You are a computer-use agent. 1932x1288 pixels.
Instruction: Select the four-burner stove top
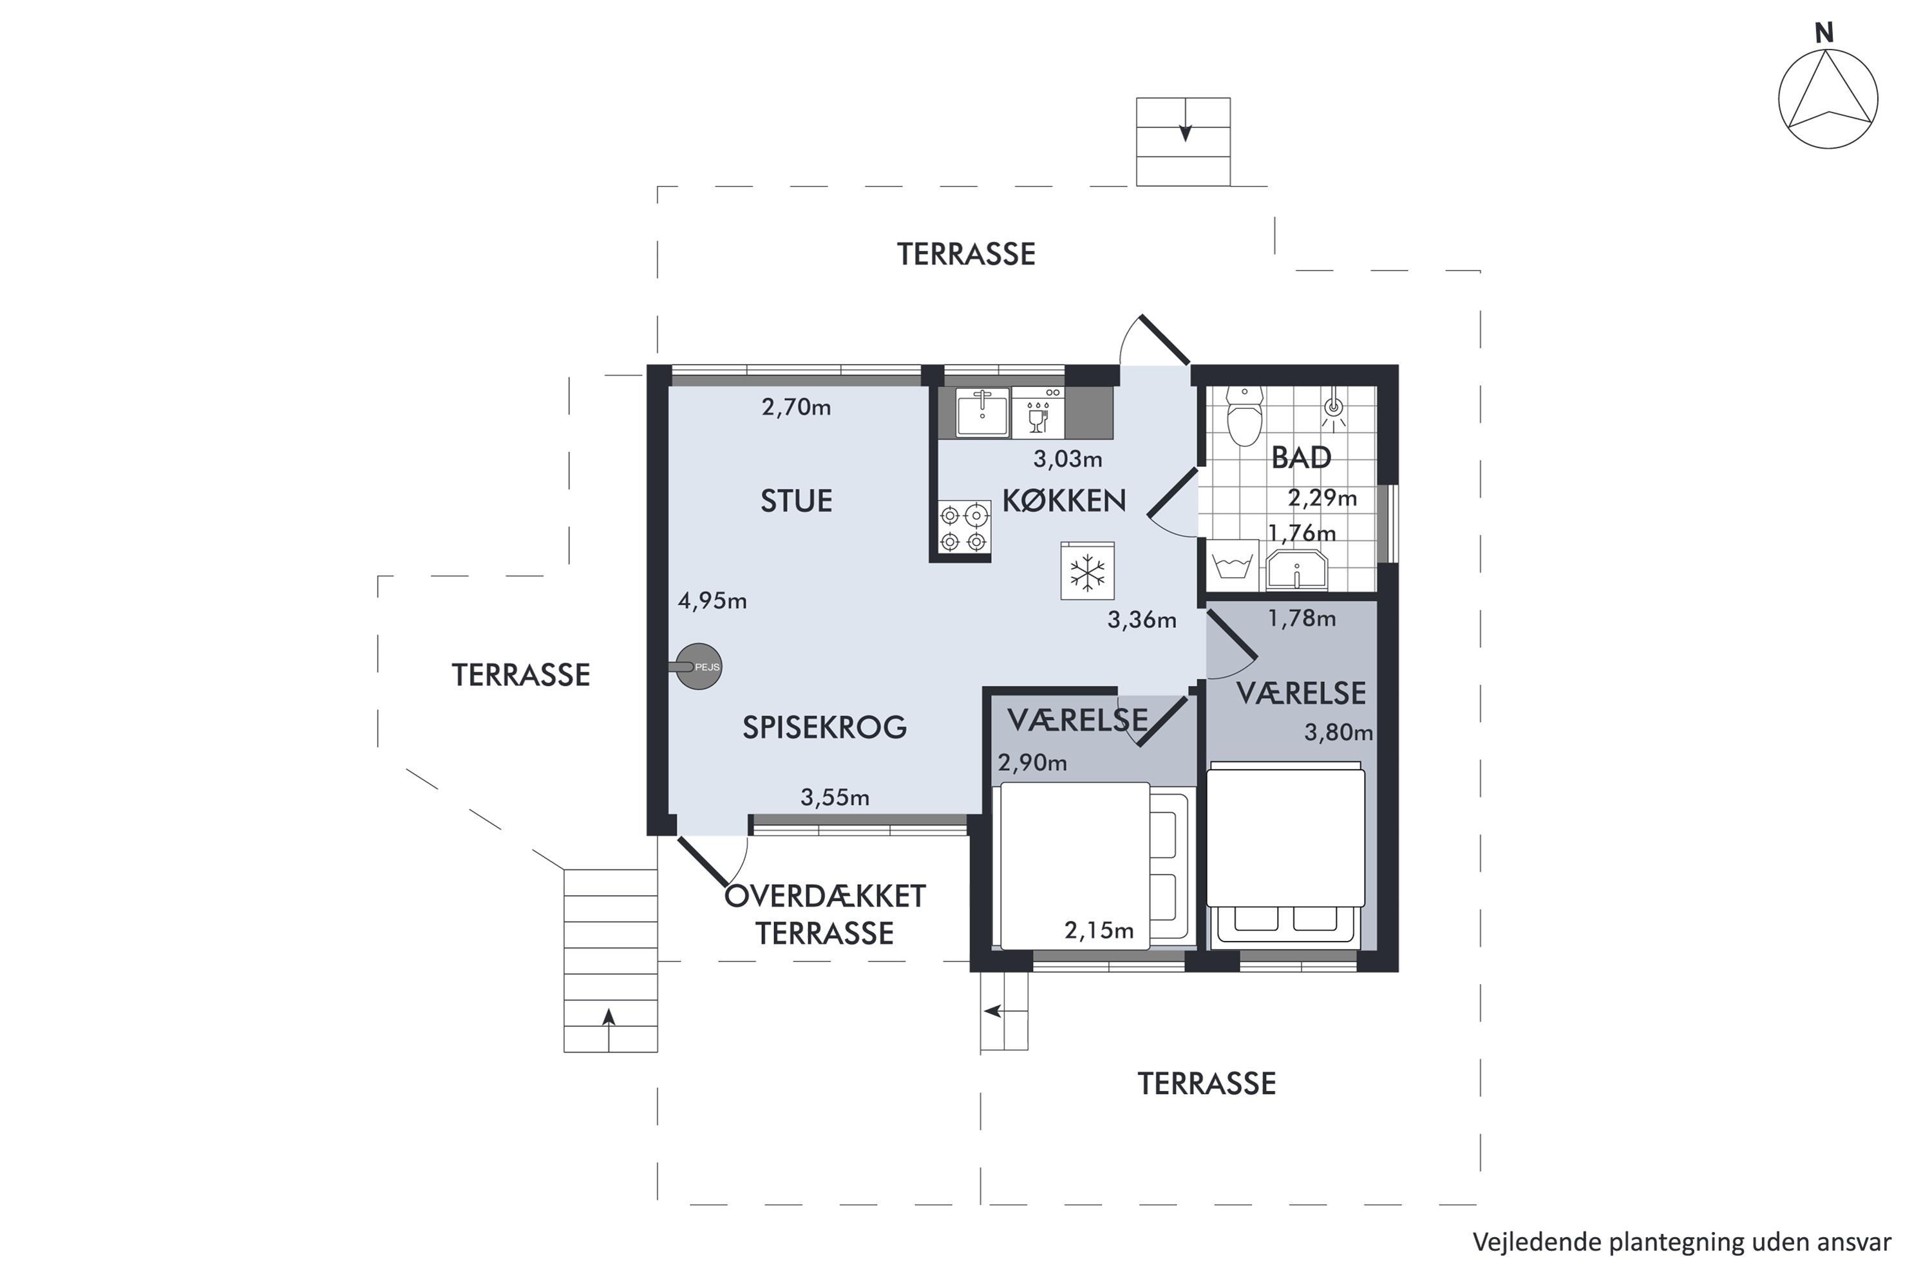click(963, 529)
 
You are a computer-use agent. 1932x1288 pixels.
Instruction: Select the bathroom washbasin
click(1297, 569)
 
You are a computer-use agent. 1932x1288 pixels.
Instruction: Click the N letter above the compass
click(1824, 33)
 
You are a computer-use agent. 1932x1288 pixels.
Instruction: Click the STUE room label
click(796, 501)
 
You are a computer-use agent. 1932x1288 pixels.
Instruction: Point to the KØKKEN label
click(1064, 500)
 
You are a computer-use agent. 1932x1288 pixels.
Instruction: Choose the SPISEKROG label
click(825, 727)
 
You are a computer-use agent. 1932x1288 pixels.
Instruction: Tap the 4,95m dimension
click(712, 601)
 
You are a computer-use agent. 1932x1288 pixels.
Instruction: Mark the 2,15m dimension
click(1099, 930)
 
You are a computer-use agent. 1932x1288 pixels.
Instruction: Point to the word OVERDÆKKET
click(825, 896)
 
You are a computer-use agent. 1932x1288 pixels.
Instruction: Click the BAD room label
click(1301, 457)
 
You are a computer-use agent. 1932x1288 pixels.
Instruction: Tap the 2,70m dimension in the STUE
click(796, 408)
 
